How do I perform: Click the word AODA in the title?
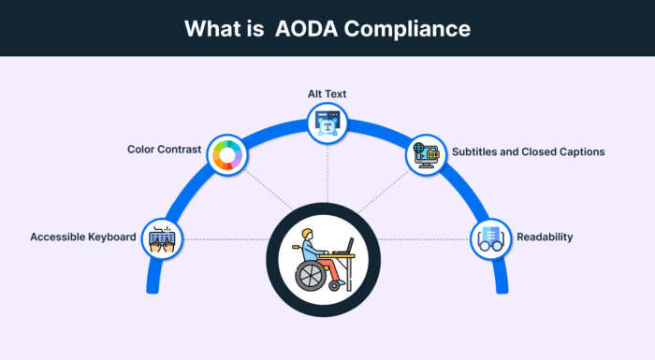coord(304,28)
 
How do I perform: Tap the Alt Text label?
coord(327,95)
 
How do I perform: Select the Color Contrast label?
coord(166,150)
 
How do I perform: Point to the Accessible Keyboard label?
coord(84,237)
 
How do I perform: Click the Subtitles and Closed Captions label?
coord(528,151)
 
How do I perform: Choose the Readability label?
coord(544,237)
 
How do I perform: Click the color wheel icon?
coord(226,155)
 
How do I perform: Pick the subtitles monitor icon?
coord(428,154)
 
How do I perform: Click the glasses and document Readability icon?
coord(490,238)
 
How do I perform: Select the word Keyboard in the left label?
coord(113,237)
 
